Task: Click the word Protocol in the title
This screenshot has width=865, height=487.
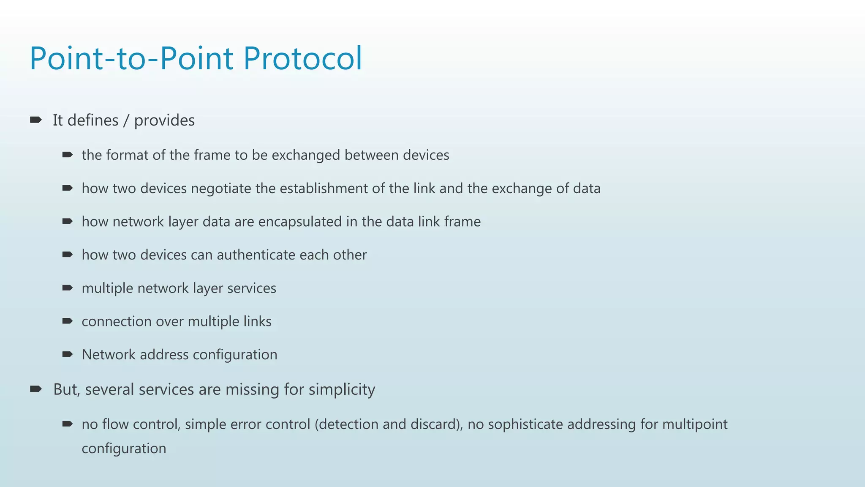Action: [x=302, y=58]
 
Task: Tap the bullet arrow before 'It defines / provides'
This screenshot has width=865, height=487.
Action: [x=36, y=120]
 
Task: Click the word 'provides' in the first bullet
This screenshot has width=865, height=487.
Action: [x=164, y=120]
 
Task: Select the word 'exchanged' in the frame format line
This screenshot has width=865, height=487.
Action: [x=306, y=155]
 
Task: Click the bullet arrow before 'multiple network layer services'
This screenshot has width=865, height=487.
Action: [x=68, y=288]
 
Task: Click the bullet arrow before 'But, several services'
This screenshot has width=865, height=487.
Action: [x=36, y=389]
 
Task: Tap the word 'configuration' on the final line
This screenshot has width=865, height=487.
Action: [x=124, y=449]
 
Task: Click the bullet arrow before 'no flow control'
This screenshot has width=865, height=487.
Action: [x=68, y=424]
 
